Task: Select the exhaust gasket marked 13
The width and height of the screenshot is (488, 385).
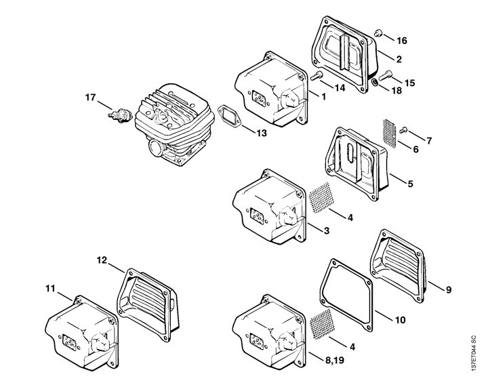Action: point(229,117)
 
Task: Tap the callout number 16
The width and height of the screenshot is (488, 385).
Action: point(402,41)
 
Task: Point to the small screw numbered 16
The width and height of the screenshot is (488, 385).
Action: point(378,33)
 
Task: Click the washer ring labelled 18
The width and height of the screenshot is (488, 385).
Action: point(375,83)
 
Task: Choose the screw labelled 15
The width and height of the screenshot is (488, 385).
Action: point(385,75)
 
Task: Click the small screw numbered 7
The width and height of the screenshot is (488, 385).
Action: point(403,129)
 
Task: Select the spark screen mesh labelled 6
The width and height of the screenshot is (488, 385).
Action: point(389,133)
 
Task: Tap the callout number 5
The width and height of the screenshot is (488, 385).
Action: point(411,184)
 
